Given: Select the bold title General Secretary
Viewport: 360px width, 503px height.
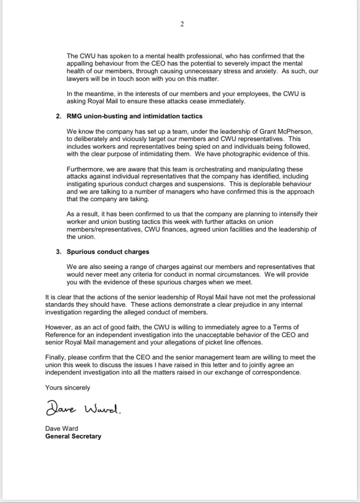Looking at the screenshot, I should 73,436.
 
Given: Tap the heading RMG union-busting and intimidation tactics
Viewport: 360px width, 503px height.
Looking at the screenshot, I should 134,116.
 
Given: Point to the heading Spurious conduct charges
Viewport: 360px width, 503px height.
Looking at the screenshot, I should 108,252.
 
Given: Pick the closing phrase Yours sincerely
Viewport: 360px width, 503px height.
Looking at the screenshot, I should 67,387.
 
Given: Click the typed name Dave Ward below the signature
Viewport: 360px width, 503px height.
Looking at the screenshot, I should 61,428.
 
